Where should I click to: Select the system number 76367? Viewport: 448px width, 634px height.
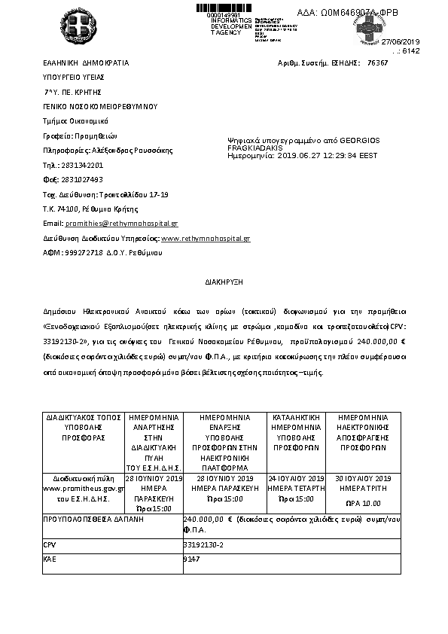(x=377, y=64)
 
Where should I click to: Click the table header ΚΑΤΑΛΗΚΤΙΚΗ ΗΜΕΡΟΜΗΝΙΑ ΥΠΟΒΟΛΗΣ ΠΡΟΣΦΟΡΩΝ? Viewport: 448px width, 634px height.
(x=297, y=426)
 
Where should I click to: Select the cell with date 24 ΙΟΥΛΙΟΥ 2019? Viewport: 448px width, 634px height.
(x=297, y=478)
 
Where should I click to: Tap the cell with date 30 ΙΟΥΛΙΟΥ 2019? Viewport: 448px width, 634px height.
(x=363, y=478)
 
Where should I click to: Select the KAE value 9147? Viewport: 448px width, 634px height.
(x=190, y=559)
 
